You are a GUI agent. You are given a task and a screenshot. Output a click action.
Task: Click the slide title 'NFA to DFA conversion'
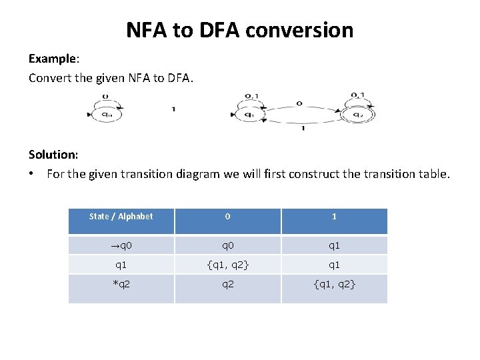(x=240, y=30)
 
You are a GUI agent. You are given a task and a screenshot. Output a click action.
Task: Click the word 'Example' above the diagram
(x=50, y=59)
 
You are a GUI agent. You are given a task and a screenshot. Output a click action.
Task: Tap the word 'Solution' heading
(x=53, y=154)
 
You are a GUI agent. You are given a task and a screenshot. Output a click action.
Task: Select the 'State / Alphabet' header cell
(x=121, y=216)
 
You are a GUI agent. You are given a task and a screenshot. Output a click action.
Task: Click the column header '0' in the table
(x=227, y=216)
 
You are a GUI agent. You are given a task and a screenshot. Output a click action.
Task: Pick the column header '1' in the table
(x=334, y=216)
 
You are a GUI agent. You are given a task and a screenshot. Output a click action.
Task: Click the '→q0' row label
(x=121, y=245)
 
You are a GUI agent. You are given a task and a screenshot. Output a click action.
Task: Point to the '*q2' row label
(x=121, y=285)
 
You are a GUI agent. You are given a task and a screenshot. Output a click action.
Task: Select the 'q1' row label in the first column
(x=121, y=265)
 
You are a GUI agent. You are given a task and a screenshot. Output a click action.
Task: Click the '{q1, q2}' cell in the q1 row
(x=227, y=265)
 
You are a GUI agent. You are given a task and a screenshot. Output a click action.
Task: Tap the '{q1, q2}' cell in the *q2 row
(x=334, y=285)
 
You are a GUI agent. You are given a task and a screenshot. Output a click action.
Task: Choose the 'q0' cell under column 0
(x=227, y=245)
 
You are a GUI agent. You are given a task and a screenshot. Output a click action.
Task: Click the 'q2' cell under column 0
(x=227, y=285)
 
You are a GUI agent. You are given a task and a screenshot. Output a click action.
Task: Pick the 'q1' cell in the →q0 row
(x=334, y=245)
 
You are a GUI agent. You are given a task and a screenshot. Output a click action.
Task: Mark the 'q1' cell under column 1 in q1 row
(x=334, y=265)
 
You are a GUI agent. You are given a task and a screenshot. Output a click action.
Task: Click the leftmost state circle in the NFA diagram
(x=107, y=114)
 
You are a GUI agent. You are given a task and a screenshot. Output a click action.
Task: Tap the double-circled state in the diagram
(x=359, y=114)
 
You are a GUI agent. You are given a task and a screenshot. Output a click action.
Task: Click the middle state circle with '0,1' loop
(x=249, y=114)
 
